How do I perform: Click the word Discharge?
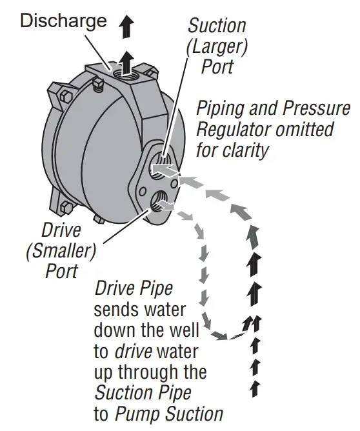click(63, 21)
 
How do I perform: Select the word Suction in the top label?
click(217, 26)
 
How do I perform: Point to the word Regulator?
click(239, 129)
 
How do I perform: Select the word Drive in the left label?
click(61, 229)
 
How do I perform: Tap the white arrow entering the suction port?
click(165, 172)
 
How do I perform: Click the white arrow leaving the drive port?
click(166, 205)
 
